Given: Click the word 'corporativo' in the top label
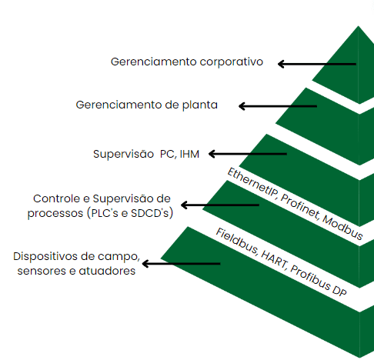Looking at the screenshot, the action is pyautogui.click(x=232, y=62).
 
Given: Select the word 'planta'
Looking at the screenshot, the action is pyautogui.click(x=200, y=105).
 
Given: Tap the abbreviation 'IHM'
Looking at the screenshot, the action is pyautogui.click(x=189, y=154).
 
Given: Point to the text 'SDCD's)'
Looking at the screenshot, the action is pyautogui.click(x=152, y=213).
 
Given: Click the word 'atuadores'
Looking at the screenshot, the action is pyautogui.click(x=107, y=271).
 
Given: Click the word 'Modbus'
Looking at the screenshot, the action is pyautogui.click(x=342, y=227).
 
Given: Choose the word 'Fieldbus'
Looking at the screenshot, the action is pyautogui.click(x=237, y=242).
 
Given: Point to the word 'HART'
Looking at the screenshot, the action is pyautogui.click(x=275, y=259).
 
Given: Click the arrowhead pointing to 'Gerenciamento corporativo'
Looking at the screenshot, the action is pyautogui.click(x=281, y=64).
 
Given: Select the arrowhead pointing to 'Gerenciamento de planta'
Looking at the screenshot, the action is pyautogui.click(x=242, y=106).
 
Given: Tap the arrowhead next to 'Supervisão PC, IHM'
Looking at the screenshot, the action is pyautogui.click(x=212, y=154).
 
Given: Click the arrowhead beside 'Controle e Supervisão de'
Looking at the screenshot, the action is pyautogui.click(x=184, y=205).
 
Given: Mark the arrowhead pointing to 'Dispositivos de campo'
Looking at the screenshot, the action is pyautogui.click(x=145, y=263).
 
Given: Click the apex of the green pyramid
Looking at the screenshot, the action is pyautogui.click(x=359, y=26).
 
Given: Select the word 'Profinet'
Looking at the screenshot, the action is pyautogui.click(x=300, y=207).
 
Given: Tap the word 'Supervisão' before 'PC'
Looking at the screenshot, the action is pyautogui.click(x=123, y=155).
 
